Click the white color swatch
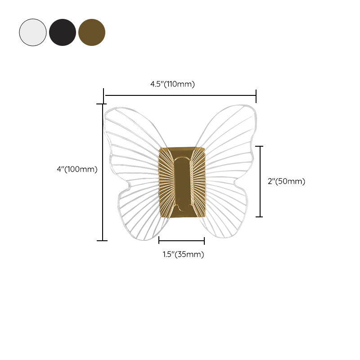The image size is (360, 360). (33, 32)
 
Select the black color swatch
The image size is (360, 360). (63, 32)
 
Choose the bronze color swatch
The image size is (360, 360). (92, 32)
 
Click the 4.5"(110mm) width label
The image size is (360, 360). (172, 84)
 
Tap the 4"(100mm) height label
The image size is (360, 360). (77, 169)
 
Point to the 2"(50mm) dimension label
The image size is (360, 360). (287, 181)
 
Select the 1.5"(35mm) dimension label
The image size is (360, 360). (183, 254)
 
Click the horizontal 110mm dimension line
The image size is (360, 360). (180, 95)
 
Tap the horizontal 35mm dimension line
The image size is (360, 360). (182, 241)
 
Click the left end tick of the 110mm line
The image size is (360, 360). (104, 95)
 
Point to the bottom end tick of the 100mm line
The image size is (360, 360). (103, 241)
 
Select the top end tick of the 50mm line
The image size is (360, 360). (259, 146)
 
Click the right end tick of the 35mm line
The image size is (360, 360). (204, 241)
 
